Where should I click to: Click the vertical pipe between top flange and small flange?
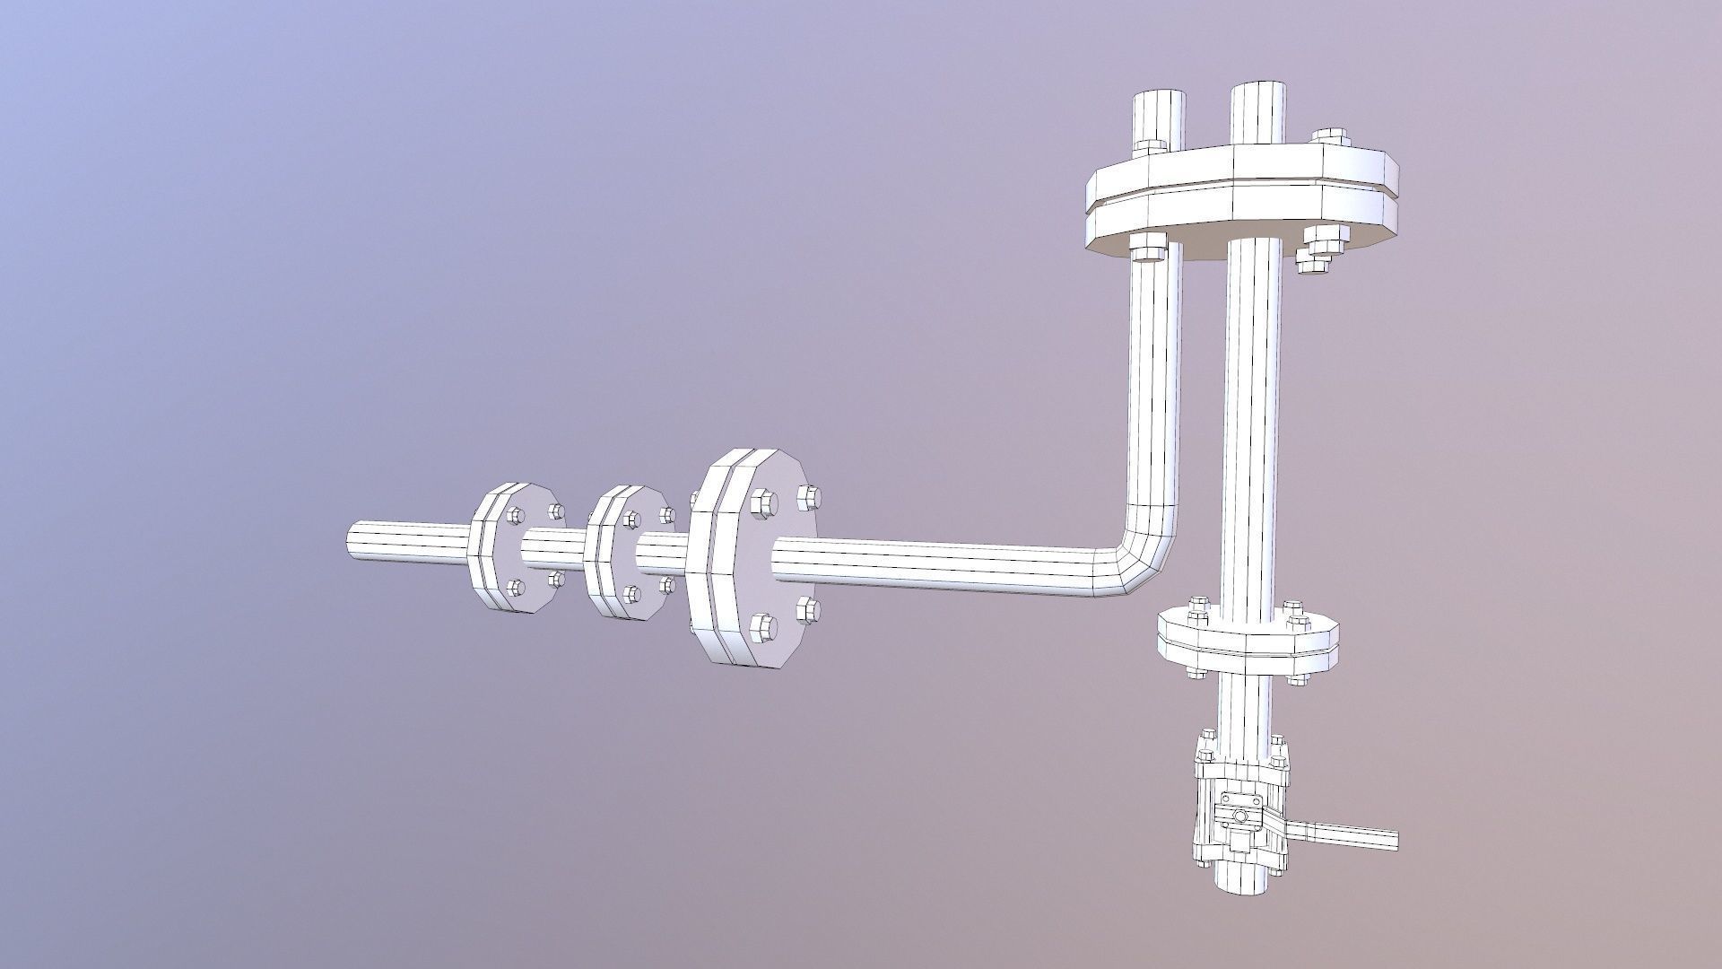[1251, 431]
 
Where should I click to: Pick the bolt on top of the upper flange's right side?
[1329, 138]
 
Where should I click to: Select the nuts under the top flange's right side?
[1320, 246]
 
